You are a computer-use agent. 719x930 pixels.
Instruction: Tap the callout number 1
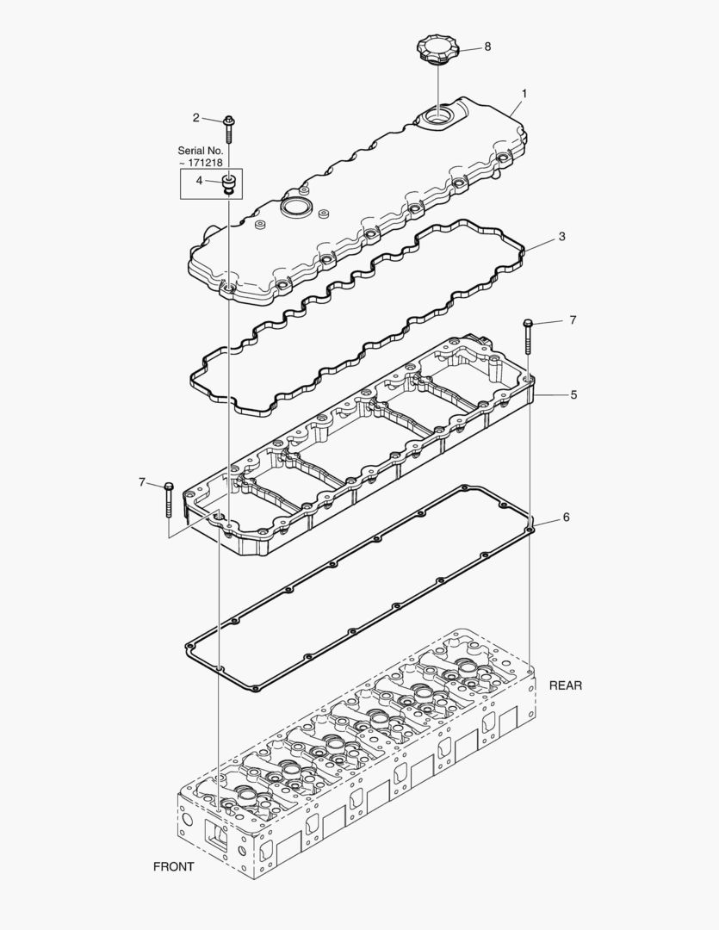click(524, 94)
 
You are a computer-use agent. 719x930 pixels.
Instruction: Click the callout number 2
click(196, 117)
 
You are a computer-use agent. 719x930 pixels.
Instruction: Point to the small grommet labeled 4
click(228, 183)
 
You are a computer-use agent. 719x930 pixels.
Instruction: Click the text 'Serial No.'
click(201, 150)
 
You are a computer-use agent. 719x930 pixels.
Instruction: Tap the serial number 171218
click(204, 162)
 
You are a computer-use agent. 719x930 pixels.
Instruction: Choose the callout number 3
click(561, 236)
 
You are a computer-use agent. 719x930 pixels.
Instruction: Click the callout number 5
click(573, 394)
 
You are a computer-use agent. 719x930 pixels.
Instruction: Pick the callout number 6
click(566, 518)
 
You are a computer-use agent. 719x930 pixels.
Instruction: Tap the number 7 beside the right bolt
click(572, 320)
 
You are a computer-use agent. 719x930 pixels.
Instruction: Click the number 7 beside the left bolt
click(142, 482)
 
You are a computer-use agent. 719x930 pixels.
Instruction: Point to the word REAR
click(566, 685)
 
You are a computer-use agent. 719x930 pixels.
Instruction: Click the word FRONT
click(173, 866)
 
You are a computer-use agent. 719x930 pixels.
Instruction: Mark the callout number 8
click(487, 46)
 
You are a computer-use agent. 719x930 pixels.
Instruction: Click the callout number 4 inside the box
click(199, 181)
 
